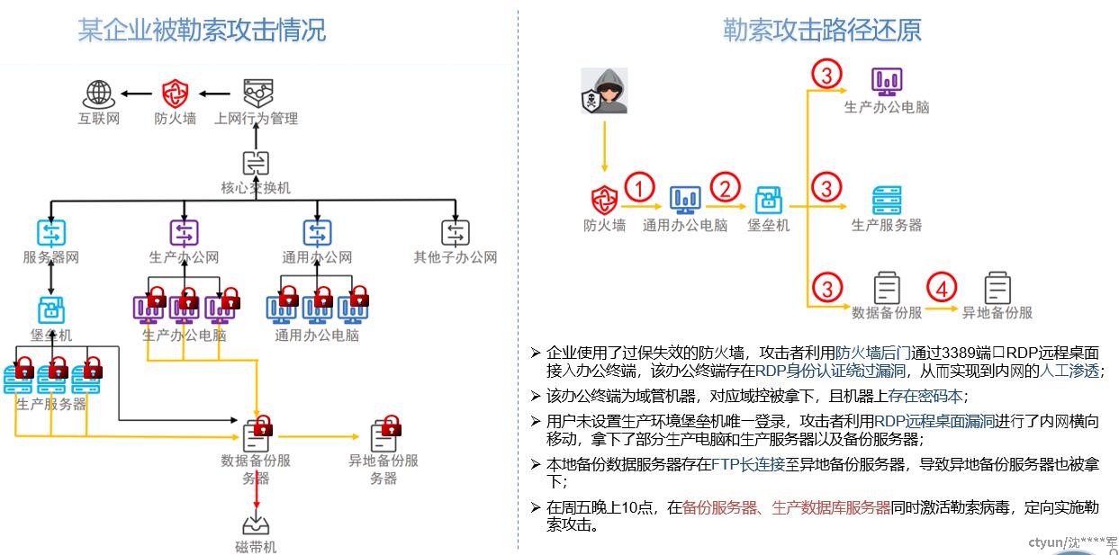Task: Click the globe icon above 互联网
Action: coord(98,93)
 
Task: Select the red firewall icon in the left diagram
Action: coord(175,93)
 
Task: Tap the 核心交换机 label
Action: coord(256,188)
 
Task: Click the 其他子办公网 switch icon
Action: coord(456,233)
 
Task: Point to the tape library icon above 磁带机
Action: coord(256,524)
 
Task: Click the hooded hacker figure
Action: coord(603,91)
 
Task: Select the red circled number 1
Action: coord(638,189)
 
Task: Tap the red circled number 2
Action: coord(725,189)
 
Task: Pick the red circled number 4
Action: coord(941,289)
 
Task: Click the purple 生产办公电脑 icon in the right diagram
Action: coord(887,81)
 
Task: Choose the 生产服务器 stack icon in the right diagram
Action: coord(887,200)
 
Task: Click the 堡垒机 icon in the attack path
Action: coord(769,200)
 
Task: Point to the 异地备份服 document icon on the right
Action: coord(997,289)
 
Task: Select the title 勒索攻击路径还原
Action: coord(822,31)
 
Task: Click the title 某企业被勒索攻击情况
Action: coord(202,31)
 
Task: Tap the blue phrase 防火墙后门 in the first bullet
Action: coord(874,353)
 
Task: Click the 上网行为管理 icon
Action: coord(257,93)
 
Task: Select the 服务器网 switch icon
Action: coord(51,233)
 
